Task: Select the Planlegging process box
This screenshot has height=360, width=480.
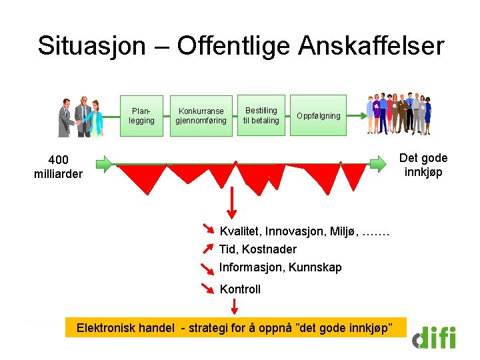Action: (141, 115)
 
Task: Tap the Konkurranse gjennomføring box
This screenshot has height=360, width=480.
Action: (201, 115)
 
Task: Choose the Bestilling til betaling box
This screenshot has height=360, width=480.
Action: (261, 115)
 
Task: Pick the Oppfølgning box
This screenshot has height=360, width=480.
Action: (318, 115)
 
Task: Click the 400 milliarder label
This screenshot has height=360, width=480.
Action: (58, 167)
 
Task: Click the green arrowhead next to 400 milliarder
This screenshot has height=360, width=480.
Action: (106, 163)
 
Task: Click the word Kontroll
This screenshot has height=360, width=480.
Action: (240, 289)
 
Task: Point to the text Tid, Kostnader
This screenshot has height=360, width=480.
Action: (258, 249)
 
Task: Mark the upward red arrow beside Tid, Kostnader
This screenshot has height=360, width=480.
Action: (209, 249)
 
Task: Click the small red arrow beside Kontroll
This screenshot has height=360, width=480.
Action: (209, 288)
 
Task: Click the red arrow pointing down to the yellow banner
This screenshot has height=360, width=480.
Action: (235, 307)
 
